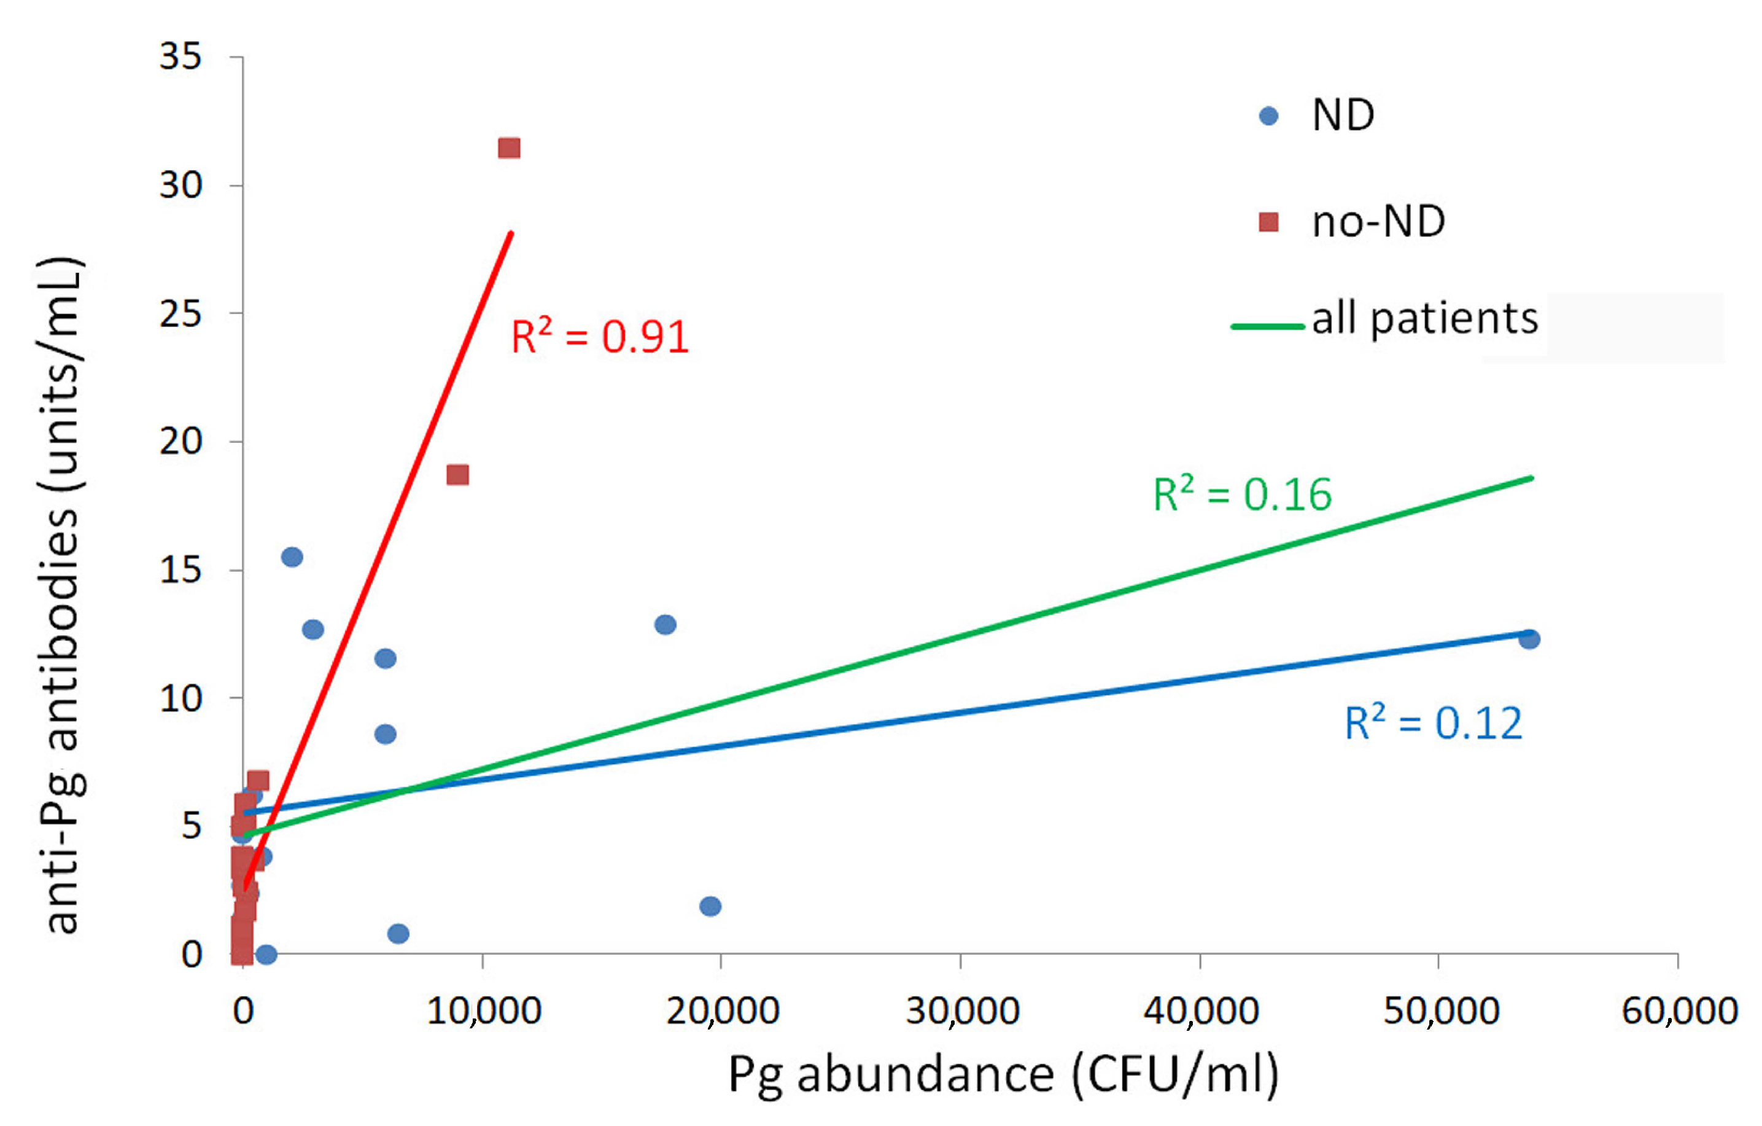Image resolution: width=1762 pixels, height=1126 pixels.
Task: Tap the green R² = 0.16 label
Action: point(1242,495)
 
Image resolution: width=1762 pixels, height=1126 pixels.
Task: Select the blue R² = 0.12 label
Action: point(1433,724)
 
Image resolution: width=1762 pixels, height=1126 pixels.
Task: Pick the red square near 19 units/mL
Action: point(458,475)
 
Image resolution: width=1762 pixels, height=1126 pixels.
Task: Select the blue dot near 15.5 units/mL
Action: point(292,557)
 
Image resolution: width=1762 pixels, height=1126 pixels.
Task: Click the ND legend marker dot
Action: point(1268,116)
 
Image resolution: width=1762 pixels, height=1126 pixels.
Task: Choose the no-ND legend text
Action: point(1378,222)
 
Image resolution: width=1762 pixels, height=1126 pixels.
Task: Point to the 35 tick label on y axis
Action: point(180,57)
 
